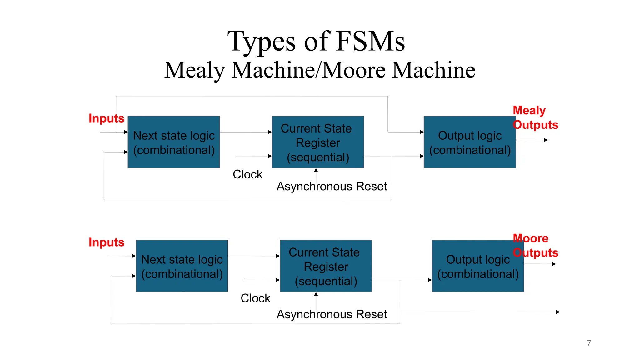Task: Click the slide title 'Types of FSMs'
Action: coord(316,42)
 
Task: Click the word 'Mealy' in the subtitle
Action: coord(194,70)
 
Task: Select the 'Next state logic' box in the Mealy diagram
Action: coord(174,142)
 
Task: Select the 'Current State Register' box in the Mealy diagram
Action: coord(317,142)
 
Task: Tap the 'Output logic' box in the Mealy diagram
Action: coord(469,142)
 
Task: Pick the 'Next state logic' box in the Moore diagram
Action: coord(182,266)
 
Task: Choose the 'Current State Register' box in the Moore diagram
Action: coord(326,266)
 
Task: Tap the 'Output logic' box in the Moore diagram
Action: coord(477,266)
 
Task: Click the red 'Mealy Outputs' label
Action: coord(535,117)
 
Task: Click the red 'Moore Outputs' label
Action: coord(535,246)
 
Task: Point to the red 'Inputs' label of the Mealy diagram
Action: coord(106,118)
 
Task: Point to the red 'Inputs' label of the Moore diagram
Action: coord(106,242)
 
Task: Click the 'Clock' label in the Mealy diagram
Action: coord(247,174)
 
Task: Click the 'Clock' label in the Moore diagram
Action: coord(255,298)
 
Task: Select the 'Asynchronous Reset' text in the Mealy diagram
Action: coord(332,187)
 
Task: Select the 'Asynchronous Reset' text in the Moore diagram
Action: coord(332,314)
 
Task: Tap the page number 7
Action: coord(589,343)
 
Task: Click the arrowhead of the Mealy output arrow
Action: coord(546,140)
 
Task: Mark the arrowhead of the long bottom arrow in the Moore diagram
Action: coord(558,312)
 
